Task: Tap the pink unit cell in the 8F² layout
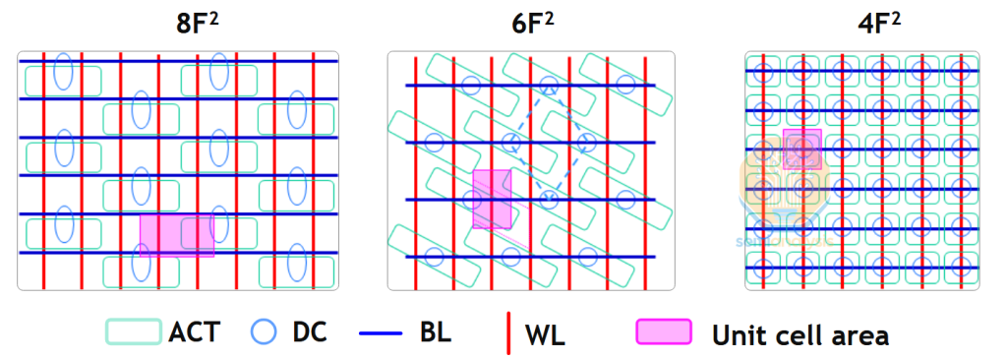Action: [x=177, y=235]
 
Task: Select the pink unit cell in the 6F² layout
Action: [x=492, y=199]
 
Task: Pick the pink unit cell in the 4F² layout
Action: [x=801, y=150]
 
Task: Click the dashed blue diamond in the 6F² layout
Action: [x=550, y=144]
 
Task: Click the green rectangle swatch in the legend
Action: [x=134, y=332]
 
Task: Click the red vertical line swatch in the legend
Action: [x=508, y=333]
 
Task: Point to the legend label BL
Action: [x=435, y=333]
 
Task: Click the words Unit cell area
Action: [x=800, y=335]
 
